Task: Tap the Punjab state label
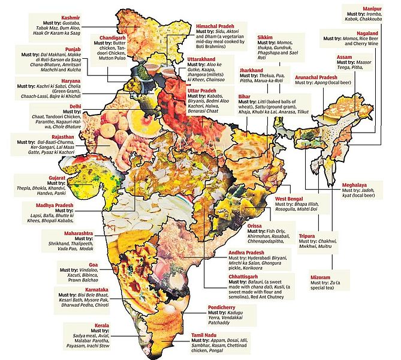click(40, 47)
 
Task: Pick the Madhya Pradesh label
click(54, 205)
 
